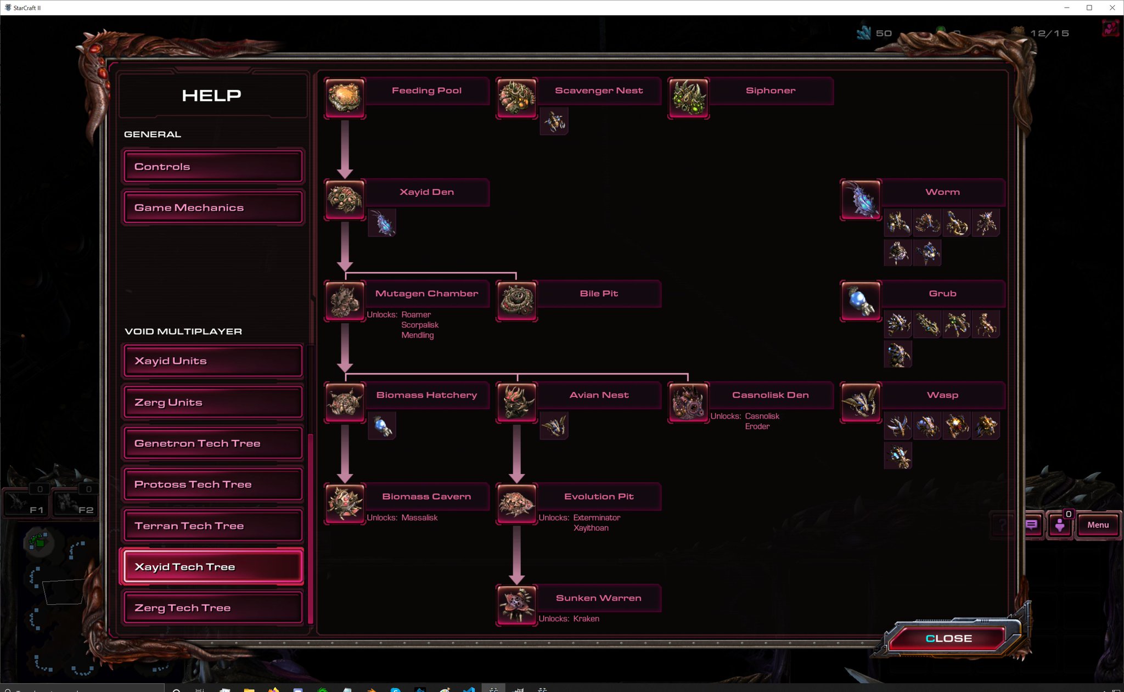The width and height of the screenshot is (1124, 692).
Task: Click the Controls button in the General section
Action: coord(213,166)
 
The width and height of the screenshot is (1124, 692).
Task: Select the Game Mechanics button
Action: coord(213,207)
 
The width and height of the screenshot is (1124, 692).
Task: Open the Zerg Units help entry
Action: coord(213,402)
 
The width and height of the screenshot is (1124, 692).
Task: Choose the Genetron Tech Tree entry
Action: coord(213,443)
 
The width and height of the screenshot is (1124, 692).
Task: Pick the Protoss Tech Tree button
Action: coord(213,485)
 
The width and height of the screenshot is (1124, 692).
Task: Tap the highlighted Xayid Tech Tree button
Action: coord(213,567)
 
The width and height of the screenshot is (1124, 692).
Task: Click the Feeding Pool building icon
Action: coord(345,98)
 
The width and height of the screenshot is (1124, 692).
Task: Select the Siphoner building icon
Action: coord(688,98)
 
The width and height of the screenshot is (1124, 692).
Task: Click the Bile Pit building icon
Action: coord(516,301)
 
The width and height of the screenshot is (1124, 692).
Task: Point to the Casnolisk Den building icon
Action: coord(688,402)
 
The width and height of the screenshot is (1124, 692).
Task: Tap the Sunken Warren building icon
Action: coord(516,605)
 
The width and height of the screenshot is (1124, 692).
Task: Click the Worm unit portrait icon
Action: coord(861,199)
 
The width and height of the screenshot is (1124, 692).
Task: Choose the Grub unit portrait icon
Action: coord(861,301)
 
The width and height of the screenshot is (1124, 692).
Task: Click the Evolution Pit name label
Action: coord(599,497)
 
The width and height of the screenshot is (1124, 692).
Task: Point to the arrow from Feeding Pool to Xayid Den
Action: coord(345,148)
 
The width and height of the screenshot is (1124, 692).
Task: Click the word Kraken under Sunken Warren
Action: coord(586,619)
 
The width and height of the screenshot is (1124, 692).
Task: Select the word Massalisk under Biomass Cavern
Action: coord(419,518)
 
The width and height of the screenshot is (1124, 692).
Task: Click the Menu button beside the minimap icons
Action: coord(1098,525)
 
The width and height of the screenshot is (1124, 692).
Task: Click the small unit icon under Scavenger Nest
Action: coord(554,121)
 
